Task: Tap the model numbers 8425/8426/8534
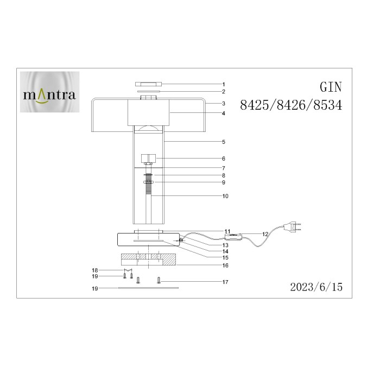(x=290, y=106)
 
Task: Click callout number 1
(x=223, y=84)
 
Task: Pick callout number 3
(x=223, y=103)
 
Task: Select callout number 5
(x=223, y=142)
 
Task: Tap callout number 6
(x=223, y=159)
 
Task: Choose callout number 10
(x=225, y=195)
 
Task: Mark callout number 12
(x=265, y=233)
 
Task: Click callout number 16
(x=225, y=265)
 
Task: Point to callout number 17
(x=225, y=281)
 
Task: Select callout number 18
(x=94, y=270)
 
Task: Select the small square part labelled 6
(x=148, y=159)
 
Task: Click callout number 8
(x=223, y=175)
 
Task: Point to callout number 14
(x=225, y=251)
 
